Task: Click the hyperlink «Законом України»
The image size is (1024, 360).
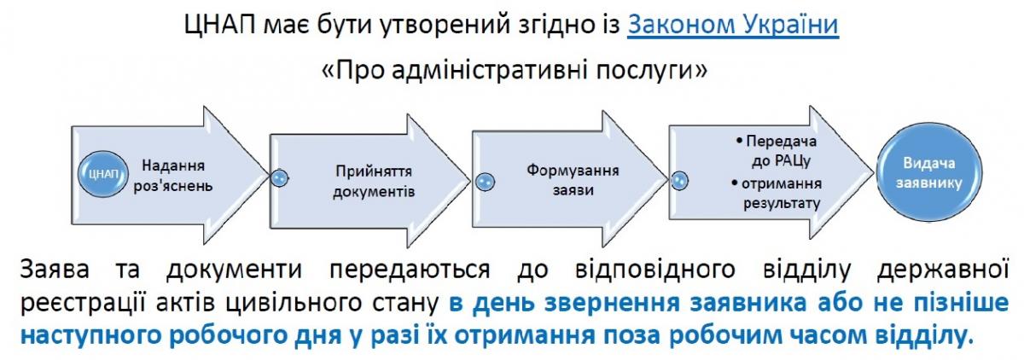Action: coord(733,24)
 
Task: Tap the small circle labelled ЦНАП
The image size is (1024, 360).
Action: coord(102,174)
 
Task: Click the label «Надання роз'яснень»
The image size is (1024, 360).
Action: coord(172,176)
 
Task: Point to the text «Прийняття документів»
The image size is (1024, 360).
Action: coord(374,181)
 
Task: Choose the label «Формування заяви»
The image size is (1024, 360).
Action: coord(573,180)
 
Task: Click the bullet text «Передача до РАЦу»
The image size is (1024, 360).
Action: coord(777,151)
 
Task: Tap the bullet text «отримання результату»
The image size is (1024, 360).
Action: coord(777,194)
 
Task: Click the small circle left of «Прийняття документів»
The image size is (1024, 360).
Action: coord(279,177)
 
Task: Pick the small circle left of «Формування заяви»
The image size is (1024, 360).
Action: coord(485,182)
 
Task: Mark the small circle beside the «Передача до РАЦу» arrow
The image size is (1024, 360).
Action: coord(679,181)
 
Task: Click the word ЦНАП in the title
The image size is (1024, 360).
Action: coord(220,25)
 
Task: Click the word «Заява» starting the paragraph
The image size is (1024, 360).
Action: coord(55,270)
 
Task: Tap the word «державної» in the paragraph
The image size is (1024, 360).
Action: coord(943,270)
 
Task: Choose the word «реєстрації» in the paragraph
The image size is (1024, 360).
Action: coord(84,304)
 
